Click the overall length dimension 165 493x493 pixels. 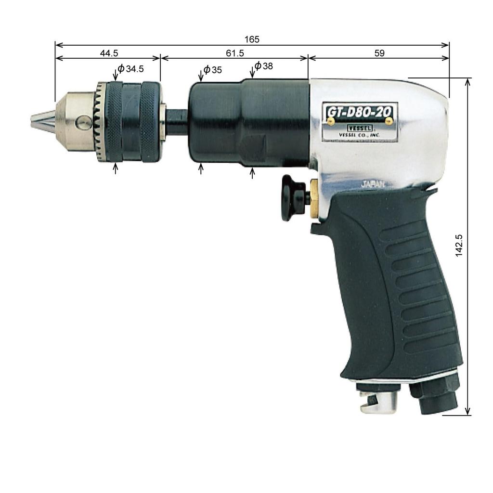[x=251, y=39]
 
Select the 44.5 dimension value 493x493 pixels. [x=109, y=53]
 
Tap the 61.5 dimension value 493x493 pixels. [x=234, y=53]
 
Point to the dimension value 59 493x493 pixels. [x=379, y=53]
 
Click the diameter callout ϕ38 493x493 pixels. [x=263, y=66]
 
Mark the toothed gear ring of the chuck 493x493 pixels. [x=101, y=123]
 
